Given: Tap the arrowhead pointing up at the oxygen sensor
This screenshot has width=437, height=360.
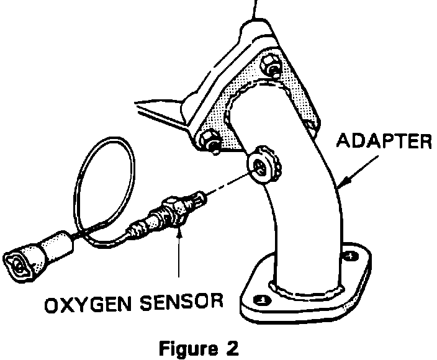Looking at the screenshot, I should click(179, 233).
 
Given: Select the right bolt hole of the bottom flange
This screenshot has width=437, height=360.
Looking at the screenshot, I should click(351, 255).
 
